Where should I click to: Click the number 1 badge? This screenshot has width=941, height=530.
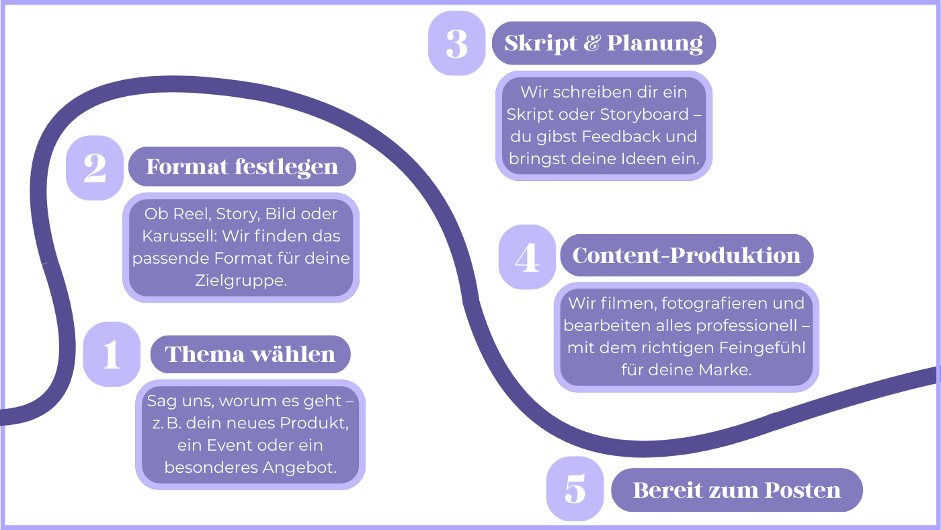112,354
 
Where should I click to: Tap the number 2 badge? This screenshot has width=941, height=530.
95,167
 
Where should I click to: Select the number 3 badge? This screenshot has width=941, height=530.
456,43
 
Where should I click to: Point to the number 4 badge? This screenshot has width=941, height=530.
527,257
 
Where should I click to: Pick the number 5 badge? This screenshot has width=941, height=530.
575,489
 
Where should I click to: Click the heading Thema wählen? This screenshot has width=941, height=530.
250,354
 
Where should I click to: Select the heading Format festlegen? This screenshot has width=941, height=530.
242,167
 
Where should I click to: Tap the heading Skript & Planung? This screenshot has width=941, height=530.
604,43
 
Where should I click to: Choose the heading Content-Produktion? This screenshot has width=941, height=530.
687,256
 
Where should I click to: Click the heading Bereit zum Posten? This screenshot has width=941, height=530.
737,490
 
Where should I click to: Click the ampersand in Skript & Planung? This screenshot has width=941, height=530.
592,43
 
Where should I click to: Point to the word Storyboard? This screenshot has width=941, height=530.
645,114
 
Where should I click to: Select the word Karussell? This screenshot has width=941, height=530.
179,236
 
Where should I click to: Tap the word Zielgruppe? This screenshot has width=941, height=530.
241,280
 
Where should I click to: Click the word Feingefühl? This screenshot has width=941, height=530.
762,348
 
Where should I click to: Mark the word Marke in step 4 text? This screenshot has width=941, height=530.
725,370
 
